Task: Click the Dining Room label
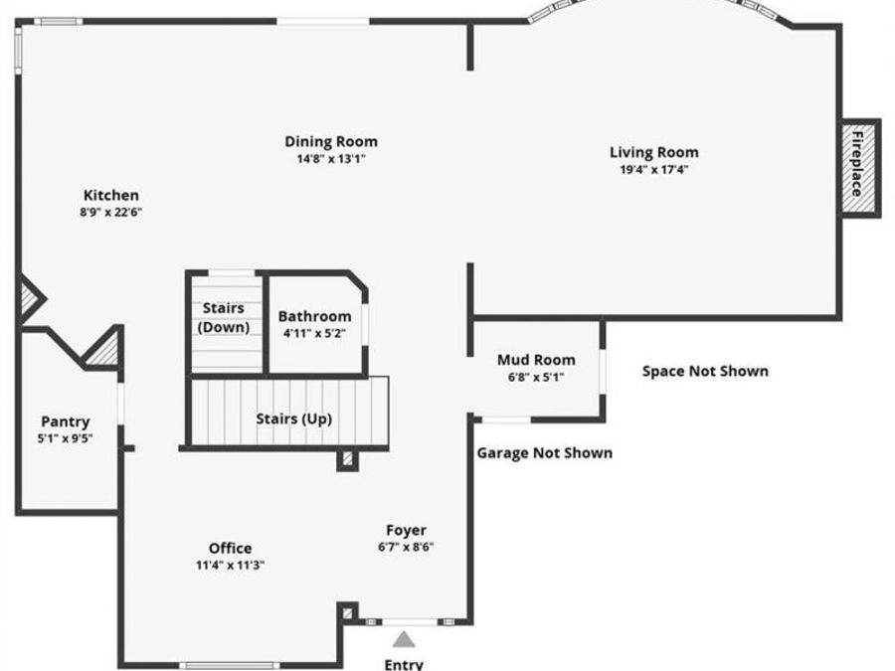click(331, 142)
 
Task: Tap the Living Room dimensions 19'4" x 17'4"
click(653, 169)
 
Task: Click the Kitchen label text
click(110, 196)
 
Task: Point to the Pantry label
click(65, 421)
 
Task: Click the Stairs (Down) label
click(224, 317)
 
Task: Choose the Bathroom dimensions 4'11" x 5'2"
click(314, 334)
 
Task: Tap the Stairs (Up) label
click(293, 419)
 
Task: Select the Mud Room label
click(536, 360)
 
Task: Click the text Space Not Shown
click(704, 371)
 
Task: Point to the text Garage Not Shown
click(544, 452)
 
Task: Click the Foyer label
click(406, 531)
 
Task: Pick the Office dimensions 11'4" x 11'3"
click(230, 565)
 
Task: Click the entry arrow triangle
click(403, 639)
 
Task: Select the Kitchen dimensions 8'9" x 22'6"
click(110, 212)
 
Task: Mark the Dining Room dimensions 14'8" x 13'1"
click(331, 158)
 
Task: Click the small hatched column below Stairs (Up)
click(347, 460)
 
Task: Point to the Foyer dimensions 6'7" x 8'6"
click(406, 547)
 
